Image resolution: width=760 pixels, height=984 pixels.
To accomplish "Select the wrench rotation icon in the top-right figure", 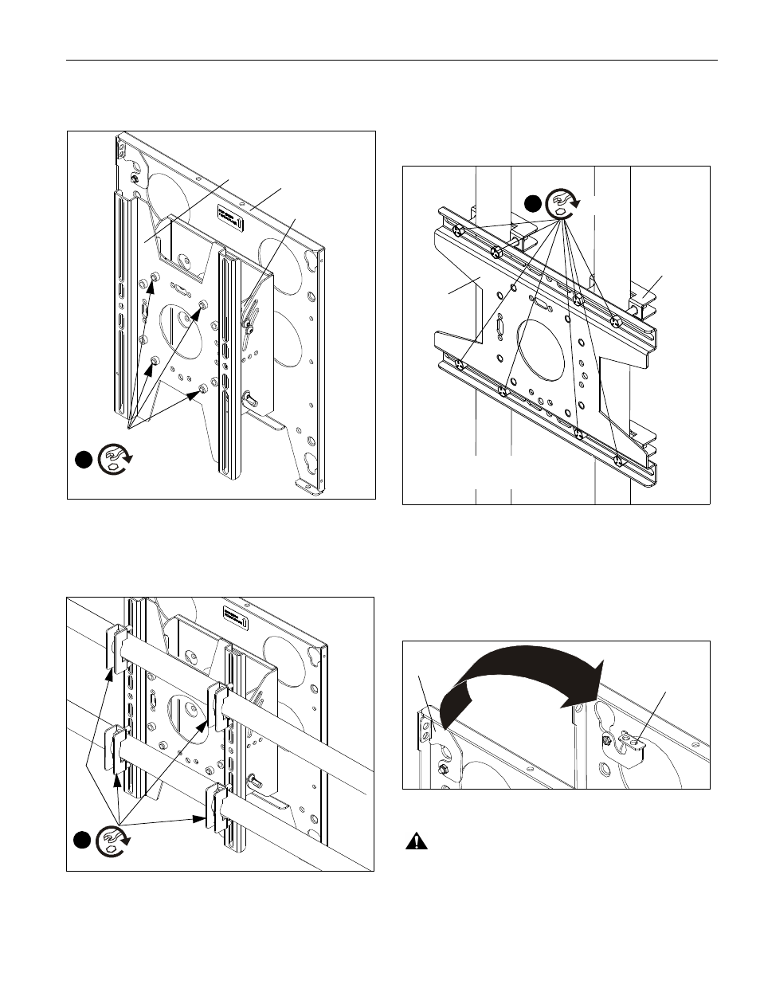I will coord(564,203).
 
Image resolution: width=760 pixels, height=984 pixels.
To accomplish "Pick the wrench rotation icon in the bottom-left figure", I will coord(113,841).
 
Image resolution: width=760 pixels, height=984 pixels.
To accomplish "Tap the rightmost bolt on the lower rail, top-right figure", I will coord(617,460).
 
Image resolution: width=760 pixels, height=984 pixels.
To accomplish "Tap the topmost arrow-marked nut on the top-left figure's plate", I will coord(155,276).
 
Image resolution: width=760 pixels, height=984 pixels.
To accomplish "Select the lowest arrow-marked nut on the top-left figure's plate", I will coord(204,390).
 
